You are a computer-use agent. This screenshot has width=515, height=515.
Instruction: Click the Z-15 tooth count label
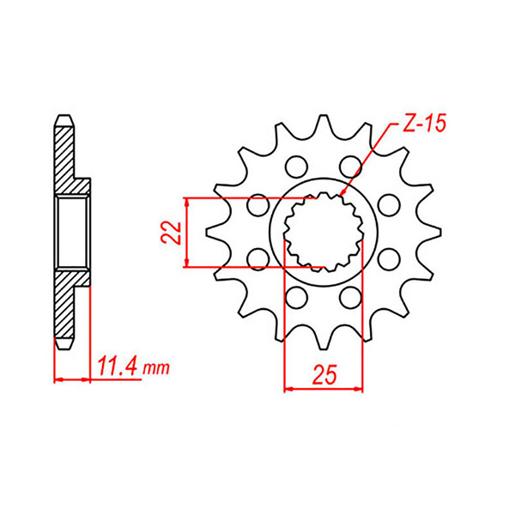423,125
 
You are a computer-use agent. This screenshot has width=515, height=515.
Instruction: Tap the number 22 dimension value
172,233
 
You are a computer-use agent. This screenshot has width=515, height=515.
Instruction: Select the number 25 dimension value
324,376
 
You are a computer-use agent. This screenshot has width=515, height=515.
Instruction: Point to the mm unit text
155,370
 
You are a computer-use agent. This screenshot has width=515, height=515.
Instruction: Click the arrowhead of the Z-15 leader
342,197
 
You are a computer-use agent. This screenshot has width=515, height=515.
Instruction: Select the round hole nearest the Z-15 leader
348,164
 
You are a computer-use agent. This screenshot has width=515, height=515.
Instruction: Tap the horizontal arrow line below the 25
323,389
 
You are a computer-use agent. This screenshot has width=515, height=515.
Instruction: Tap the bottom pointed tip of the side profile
64,348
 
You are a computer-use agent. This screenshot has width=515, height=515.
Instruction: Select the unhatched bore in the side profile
72,232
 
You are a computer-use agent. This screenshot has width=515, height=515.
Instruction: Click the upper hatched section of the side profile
65,154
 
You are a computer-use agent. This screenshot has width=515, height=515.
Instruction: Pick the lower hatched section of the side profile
65,309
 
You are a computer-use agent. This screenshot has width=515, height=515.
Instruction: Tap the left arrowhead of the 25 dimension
289,389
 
